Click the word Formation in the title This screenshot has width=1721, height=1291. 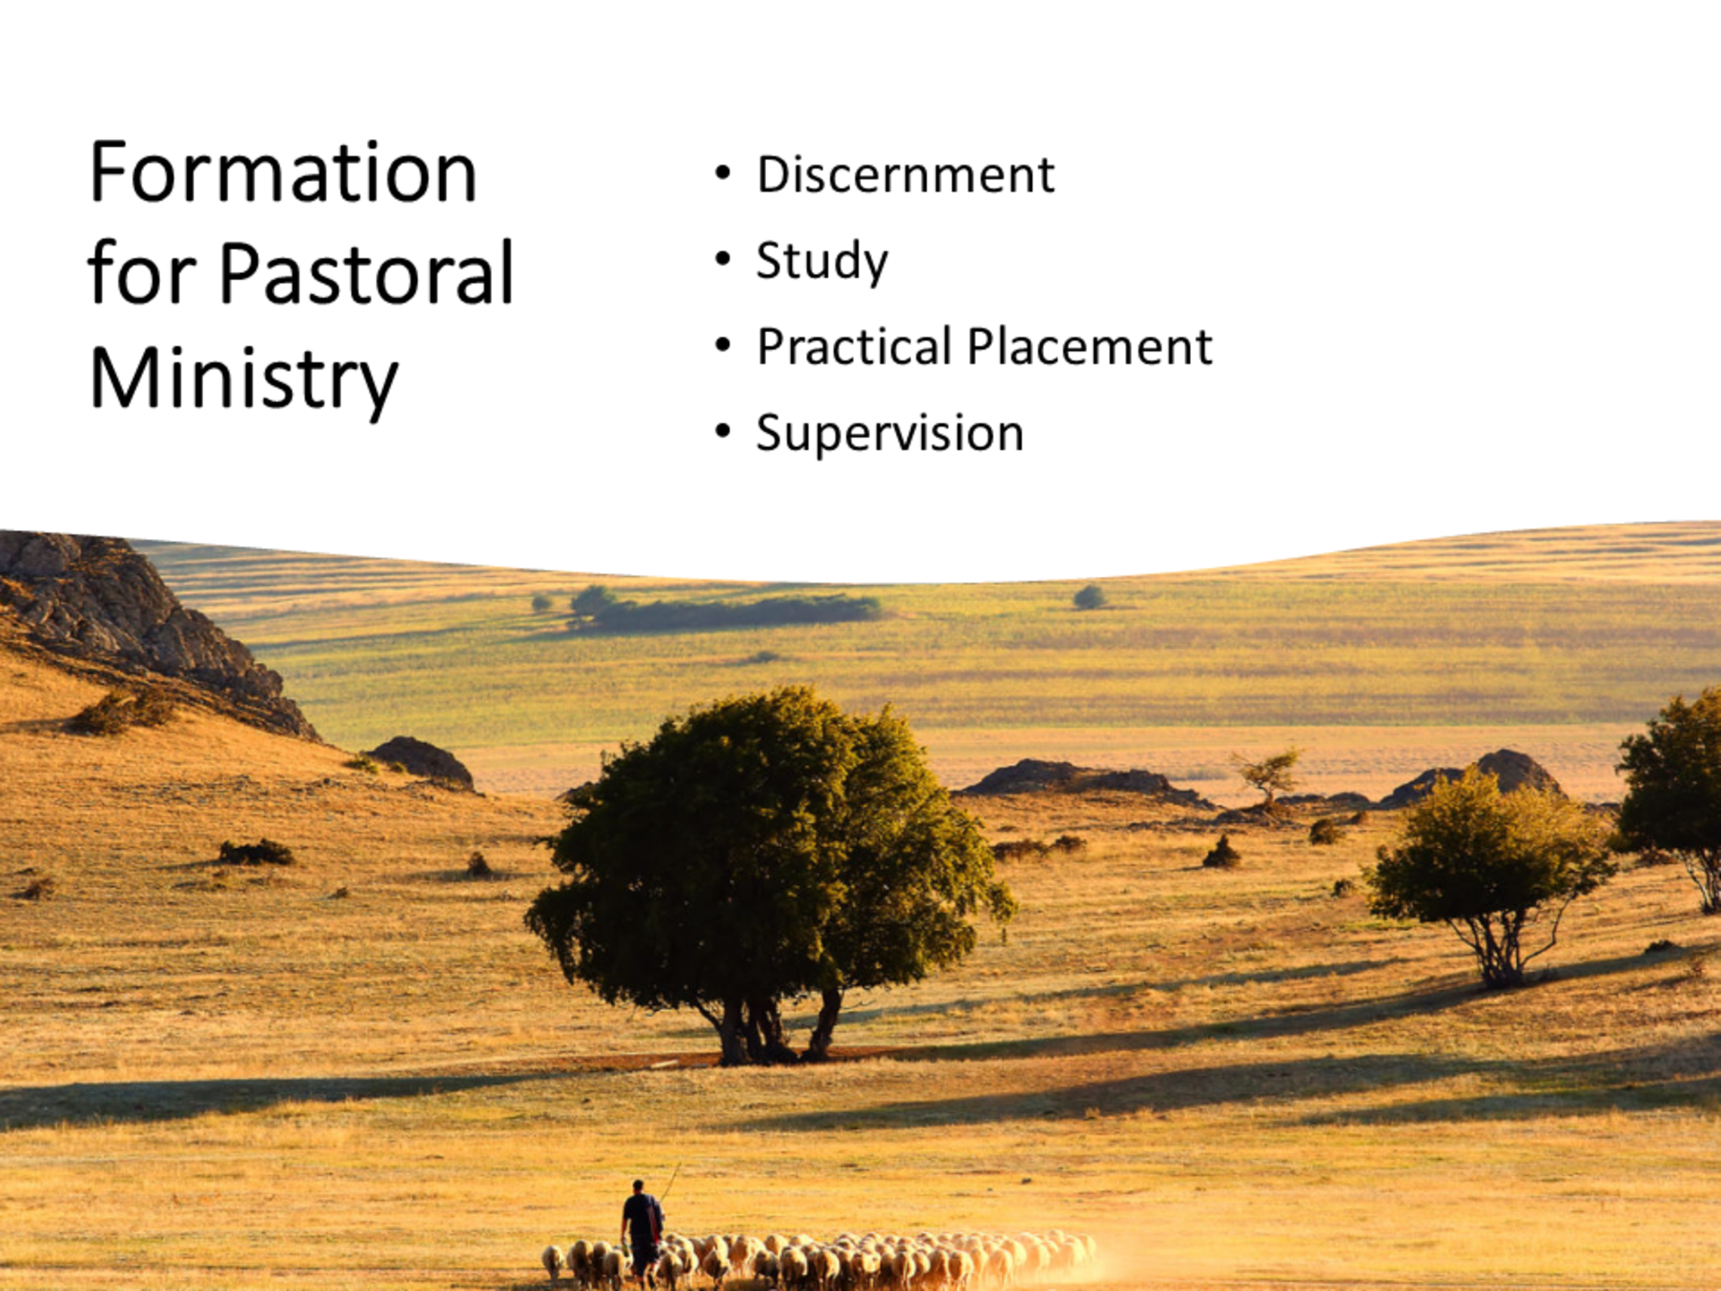pos(283,172)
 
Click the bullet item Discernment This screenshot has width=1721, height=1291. pos(906,174)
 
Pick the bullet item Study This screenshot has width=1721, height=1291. pos(821,261)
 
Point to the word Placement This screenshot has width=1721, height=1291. pos(1089,347)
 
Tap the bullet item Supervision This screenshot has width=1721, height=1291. pos(890,433)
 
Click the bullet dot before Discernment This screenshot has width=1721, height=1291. pos(723,173)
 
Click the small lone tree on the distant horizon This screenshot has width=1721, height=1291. pos(1089,597)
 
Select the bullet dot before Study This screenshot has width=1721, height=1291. pos(723,258)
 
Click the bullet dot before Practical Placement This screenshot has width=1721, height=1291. pos(723,345)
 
